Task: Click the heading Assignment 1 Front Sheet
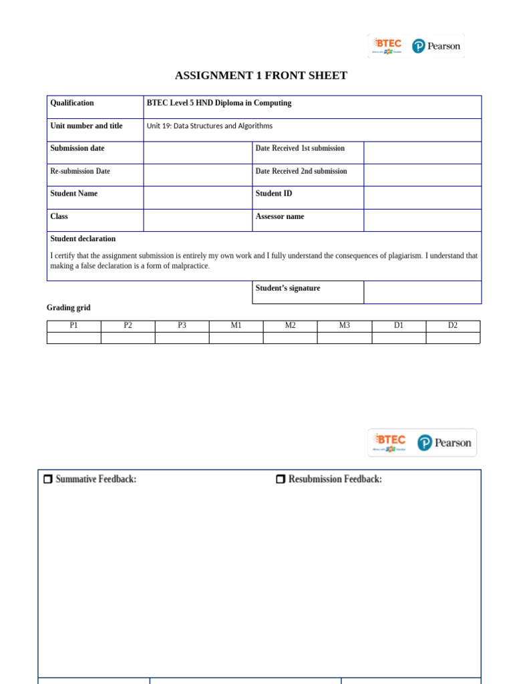pos(261,75)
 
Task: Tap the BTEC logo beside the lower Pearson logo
pos(389,442)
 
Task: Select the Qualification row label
pos(72,103)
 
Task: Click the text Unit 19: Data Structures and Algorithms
pos(210,126)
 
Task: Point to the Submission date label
pos(77,148)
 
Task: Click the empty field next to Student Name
pos(198,198)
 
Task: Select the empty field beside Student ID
pos(422,198)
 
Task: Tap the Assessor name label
pos(279,216)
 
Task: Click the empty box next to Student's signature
pos(422,292)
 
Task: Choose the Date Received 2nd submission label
pos(301,171)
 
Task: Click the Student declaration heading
pos(83,238)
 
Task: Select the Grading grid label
pos(68,307)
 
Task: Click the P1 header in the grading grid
pos(73,325)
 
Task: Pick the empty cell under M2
pos(290,338)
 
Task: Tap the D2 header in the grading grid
pos(453,325)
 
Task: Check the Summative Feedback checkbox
pos(48,479)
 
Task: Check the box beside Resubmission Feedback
pos(281,479)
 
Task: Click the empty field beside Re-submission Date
pos(198,175)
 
